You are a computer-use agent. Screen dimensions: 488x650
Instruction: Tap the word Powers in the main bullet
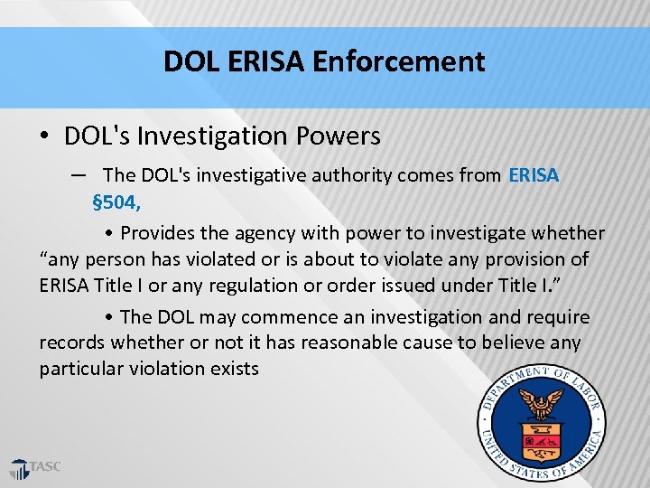coord(339,136)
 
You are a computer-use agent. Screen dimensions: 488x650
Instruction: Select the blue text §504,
coord(116,200)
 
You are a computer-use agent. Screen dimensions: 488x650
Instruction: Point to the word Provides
coord(157,233)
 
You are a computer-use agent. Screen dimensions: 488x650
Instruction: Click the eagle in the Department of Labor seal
coord(542,401)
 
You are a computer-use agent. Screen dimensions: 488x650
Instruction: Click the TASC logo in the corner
coord(36,468)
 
